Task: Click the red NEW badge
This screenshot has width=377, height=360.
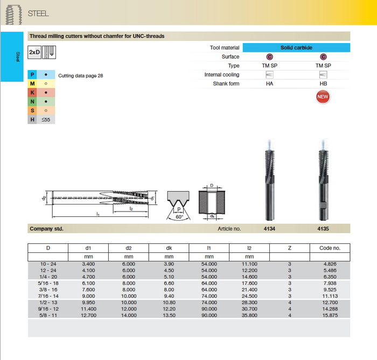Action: [323, 97]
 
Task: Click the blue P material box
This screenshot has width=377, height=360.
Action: [33, 75]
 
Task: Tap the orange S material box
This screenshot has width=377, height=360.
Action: [33, 110]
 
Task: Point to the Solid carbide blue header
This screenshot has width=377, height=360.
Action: [296, 48]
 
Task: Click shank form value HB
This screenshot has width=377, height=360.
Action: [323, 83]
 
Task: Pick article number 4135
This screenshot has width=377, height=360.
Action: [323, 229]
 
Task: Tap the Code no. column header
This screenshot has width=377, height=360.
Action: [330, 248]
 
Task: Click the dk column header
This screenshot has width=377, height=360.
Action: [169, 248]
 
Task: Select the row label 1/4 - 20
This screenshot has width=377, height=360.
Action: [48, 276]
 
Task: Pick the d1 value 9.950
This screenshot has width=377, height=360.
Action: [88, 303]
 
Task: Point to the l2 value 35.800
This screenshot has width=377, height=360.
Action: [249, 315]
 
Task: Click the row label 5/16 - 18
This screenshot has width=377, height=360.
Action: [48, 284]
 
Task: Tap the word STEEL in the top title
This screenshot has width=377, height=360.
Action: [38, 13]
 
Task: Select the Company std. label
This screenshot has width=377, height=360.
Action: [46, 229]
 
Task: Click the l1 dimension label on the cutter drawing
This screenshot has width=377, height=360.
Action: [97, 215]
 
